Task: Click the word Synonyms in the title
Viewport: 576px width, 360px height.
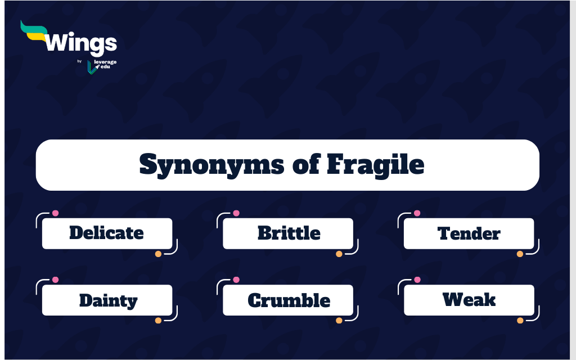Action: coord(211,165)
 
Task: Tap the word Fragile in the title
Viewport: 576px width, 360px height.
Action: coord(375,165)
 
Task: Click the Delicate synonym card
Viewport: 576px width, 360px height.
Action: coord(107,233)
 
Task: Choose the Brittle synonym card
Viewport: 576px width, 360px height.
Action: coord(288,233)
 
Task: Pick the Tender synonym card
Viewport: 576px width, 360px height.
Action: coord(469,233)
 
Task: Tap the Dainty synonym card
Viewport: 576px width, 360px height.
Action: coord(107,300)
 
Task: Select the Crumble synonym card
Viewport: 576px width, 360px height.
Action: coord(288,300)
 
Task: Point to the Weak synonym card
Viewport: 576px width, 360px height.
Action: coord(469,300)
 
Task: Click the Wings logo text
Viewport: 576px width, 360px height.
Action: coord(81,44)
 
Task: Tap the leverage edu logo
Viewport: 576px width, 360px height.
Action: coord(102,66)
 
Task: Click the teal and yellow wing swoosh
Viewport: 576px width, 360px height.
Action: coord(34,31)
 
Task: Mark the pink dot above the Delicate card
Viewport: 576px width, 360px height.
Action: coord(55,213)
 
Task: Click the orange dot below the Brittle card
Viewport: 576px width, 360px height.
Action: coord(339,254)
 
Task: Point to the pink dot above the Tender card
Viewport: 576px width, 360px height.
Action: coord(417,213)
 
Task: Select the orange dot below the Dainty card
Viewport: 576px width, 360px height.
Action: coord(158,320)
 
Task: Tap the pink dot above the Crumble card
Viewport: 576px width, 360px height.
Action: coord(236,280)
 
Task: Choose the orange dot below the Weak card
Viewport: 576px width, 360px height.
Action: coord(520,320)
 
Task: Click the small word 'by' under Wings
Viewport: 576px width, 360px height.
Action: coord(79,61)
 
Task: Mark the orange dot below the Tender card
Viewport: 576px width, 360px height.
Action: coord(520,254)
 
